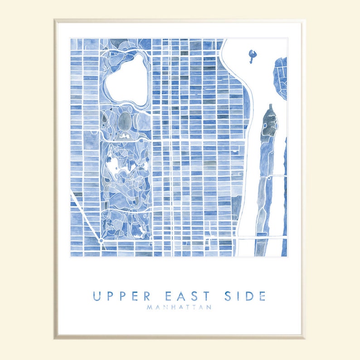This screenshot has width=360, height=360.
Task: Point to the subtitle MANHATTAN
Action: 180,307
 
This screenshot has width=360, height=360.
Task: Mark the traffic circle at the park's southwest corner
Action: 101,241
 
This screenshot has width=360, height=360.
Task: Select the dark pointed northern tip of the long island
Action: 270,109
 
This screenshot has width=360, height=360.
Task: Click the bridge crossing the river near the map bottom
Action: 263,237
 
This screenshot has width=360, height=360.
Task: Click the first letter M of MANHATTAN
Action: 150,307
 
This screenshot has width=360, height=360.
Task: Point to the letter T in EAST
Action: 207,297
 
